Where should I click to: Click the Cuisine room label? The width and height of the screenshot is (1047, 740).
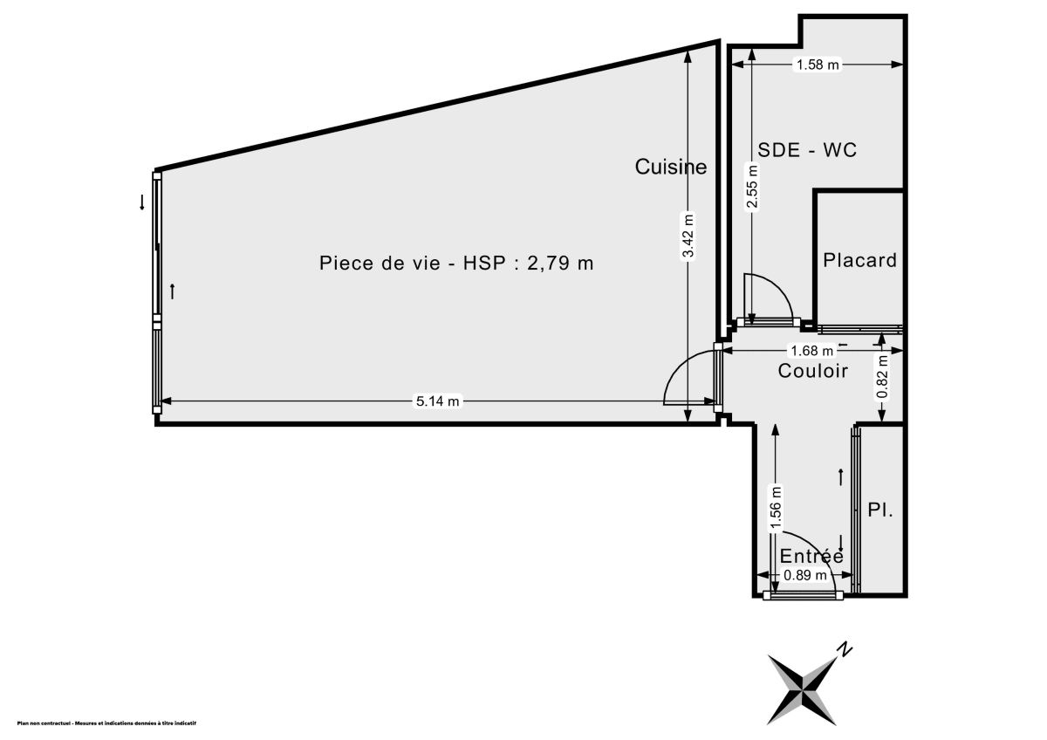tap(670, 167)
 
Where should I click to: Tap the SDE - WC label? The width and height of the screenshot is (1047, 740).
tap(807, 150)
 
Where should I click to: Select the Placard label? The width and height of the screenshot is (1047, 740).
tap(859, 260)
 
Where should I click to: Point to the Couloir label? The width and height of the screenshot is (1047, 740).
tap(812, 372)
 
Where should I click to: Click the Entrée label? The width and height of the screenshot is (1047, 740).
tap(811, 556)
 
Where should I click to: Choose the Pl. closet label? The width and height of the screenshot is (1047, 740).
tap(879, 511)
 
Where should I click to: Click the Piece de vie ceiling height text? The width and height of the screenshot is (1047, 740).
tap(456, 263)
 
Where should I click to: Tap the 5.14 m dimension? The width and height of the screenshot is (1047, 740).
tap(437, 401)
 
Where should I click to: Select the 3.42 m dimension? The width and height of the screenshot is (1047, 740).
tap(688, 236)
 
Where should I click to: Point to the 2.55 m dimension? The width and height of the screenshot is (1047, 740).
tap(752, 188)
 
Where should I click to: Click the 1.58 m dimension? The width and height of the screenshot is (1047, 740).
tap(818, 64)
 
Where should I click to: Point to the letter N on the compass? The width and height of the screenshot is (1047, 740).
tap(844, 648)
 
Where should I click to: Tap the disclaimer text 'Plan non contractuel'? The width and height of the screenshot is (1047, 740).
tap(106, 723)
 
